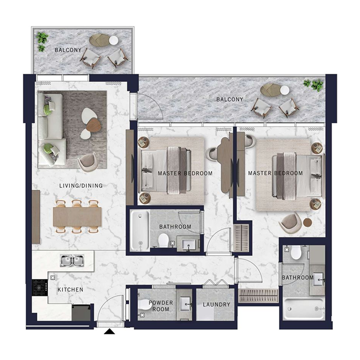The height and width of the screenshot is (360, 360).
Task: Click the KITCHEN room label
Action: click(x=70, y=290)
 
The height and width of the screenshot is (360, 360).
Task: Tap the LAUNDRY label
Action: click(x=216, y=305)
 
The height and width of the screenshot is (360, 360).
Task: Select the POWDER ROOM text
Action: click(x=161, y=306)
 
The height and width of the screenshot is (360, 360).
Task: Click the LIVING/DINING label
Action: click(x=81, y=185)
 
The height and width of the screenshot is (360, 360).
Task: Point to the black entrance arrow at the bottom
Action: click(x=109, y=333)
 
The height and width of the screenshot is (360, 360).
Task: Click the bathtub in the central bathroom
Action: click(x=139, y=231)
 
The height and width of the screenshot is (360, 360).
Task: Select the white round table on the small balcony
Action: click(x=113, y=40)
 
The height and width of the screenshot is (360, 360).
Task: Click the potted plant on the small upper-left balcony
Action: click(x=42, y=40)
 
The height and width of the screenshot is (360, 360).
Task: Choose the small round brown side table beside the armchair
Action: click(x=307, y=222)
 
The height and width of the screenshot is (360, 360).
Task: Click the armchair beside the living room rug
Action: click(x=87, y=162)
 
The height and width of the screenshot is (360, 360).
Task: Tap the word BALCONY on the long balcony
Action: click(x=229, y=99)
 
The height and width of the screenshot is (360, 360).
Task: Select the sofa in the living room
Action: click(x=51, y=128)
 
